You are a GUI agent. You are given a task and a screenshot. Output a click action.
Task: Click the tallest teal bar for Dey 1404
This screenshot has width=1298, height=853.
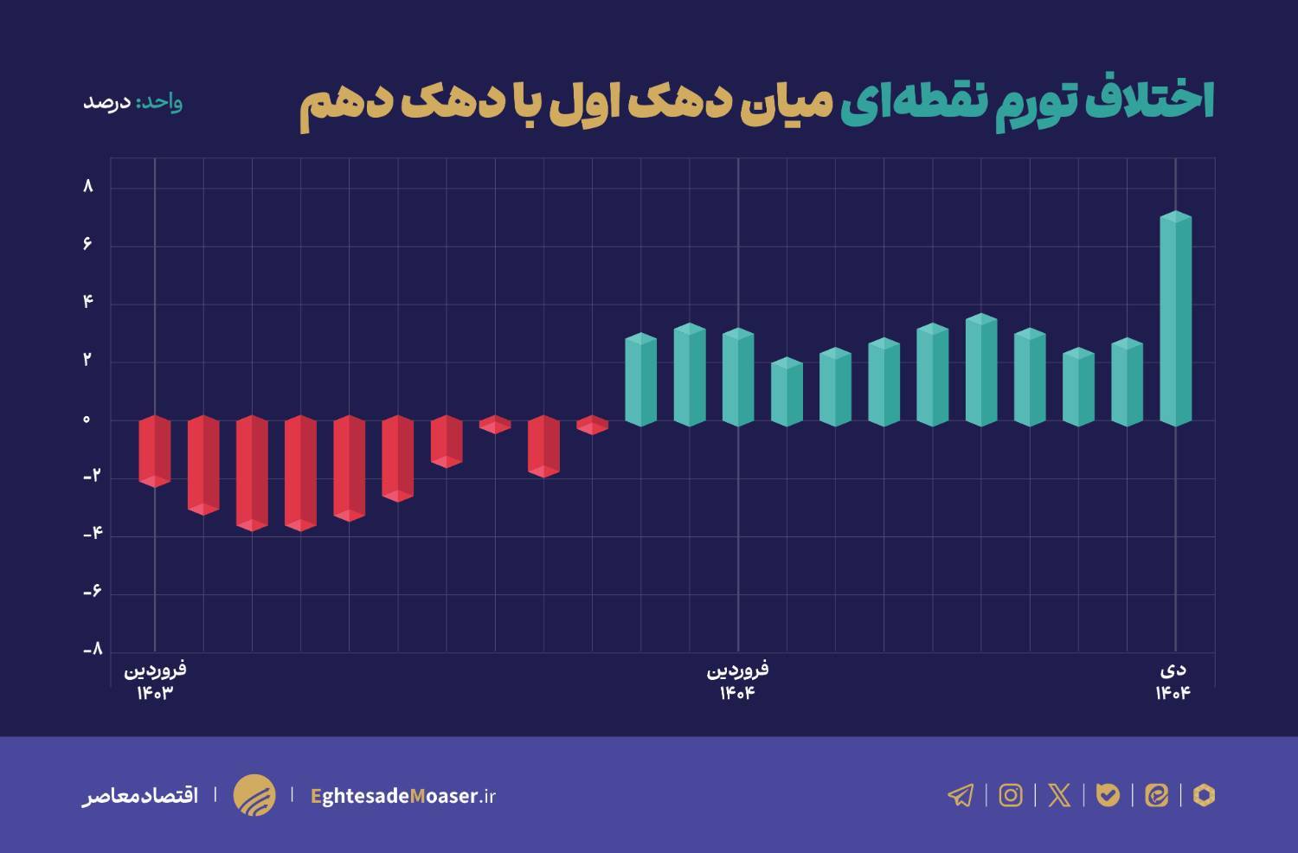(x=1175, y=320)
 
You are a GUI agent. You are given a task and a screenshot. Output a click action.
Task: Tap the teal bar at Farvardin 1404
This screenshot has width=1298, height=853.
(x=738, y=377)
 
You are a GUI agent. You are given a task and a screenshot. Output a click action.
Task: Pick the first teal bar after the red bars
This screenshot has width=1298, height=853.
(x=640, y=380)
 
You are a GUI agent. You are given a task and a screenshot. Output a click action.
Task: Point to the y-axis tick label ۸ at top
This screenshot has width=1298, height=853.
(x=87, y=186)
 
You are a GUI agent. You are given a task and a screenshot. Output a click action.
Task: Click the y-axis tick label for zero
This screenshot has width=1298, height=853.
(x=87, y=420)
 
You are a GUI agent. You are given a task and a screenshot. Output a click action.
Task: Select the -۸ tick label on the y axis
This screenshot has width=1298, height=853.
(x=93, y=649)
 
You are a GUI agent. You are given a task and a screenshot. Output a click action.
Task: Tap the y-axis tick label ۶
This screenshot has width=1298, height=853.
(x=87, y=244)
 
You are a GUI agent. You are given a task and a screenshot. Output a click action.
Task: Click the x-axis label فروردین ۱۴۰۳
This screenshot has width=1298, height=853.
(x=155, y=681)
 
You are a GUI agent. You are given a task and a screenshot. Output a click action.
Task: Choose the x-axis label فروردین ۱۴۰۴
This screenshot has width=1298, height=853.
(x=738, y=681)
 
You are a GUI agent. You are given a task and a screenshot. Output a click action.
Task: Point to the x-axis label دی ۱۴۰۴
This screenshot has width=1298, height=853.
(x=1173, y=681)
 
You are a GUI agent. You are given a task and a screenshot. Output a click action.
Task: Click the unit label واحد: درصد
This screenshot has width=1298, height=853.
(x=132, y=102)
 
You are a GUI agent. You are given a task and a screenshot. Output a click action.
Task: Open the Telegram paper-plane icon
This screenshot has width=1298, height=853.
(x=961, y=795)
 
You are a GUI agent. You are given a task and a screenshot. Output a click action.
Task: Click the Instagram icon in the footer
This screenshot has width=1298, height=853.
(x=1010, y=795)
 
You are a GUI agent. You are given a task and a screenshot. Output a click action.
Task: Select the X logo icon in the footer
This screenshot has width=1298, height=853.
(x=1059, y=795)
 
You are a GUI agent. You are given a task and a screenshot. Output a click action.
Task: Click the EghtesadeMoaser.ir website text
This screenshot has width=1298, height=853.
(x=402, y=796)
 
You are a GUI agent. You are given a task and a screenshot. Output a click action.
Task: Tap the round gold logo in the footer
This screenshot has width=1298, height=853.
(x=254, y=795)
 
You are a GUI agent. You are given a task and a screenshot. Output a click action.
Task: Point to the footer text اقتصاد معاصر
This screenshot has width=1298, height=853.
(x=140, y=795)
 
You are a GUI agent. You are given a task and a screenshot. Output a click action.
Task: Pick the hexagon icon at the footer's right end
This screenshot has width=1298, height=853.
(x=1204, y=795)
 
